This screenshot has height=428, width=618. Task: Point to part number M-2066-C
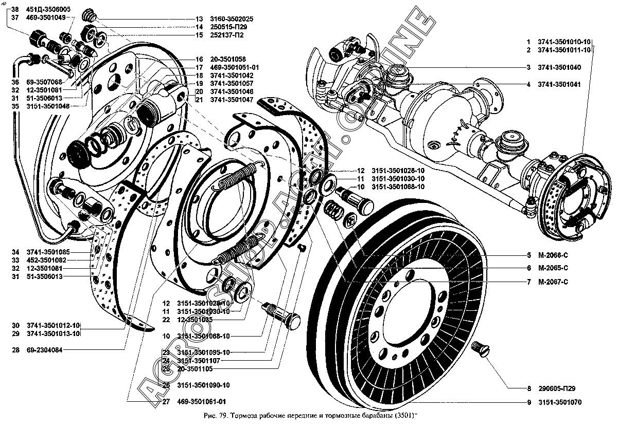click(553, 255)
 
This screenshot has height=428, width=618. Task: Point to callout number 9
click(528, 402)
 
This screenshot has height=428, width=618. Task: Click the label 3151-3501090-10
click(196, 385)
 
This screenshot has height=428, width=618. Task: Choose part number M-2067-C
click(553, 282)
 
